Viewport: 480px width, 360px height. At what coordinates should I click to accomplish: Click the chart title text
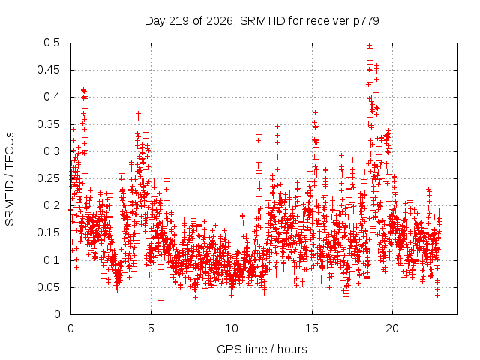tap(262, 21)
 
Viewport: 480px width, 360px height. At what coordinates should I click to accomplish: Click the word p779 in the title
tap(366, 22)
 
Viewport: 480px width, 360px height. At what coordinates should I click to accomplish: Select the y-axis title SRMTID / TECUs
tap(10, 179)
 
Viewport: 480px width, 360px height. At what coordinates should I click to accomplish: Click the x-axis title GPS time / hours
tap(262, 349)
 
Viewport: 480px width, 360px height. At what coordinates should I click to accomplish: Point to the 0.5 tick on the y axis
tap(52, 43)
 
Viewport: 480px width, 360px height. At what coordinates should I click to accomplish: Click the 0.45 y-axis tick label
tap(49, 70)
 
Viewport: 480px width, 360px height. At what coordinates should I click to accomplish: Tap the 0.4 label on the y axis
tap(52, 97)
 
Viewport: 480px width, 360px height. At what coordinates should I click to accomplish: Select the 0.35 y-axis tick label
tap(49, 124)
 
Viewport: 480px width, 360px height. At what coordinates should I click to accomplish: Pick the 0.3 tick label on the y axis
tap(52, 151)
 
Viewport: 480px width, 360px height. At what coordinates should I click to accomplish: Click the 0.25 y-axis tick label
tap(49, 178)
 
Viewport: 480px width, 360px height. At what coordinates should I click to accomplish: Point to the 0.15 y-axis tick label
tap(49, 232)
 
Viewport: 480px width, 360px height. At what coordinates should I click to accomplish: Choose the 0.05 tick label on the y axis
tap(49, 287)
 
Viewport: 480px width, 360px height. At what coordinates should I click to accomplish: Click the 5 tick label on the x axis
tap(151, 328)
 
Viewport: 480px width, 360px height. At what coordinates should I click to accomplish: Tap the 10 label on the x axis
tap(232, 328)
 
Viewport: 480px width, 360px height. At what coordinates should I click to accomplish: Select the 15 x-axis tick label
tap(312, 328)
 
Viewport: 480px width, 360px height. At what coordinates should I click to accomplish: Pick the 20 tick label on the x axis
tap(392, 328)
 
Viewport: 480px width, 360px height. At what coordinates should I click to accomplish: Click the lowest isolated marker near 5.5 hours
tap(160, 300)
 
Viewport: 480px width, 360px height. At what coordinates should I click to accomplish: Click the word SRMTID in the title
tap(262, 21)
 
